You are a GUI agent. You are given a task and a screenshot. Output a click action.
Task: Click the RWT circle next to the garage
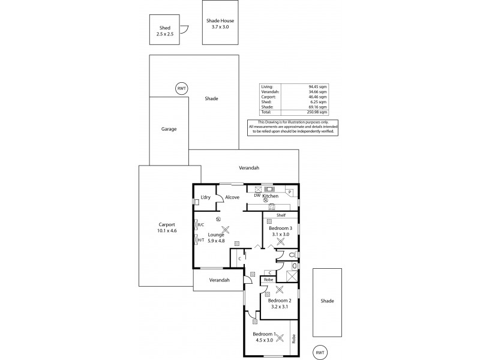tap(181, 88)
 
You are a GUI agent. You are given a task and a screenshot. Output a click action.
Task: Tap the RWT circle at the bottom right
tap(320, 352)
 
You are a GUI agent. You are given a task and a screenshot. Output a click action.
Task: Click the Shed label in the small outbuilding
tap(166, 28)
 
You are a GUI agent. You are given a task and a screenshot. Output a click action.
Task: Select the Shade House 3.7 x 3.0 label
tap(220, 23)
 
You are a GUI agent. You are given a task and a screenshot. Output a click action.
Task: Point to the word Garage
tap(169, 129)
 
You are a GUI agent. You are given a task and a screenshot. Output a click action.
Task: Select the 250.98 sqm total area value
tap(316, 112)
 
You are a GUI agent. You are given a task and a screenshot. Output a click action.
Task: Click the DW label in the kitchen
tap(257, 196)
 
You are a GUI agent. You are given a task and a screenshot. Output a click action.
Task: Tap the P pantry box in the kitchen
tap(289, 192)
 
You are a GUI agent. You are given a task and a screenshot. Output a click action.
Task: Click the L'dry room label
tap(206, 197)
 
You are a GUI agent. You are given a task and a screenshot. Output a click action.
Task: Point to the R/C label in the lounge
tap(209, 226)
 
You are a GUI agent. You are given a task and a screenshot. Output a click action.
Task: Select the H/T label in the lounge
tap(209, 240)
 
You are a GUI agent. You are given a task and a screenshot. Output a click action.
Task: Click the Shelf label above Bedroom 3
tap(280, 215)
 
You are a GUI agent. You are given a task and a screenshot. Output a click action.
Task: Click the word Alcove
tap(232, 197)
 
